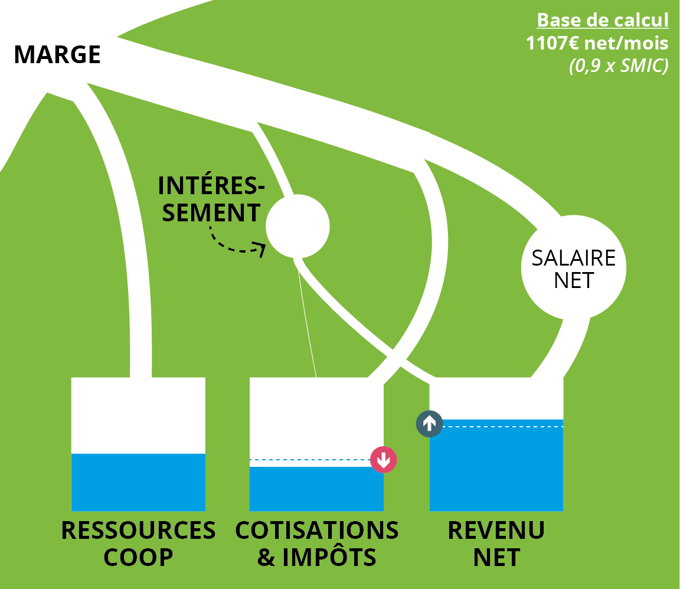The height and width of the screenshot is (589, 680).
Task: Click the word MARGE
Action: pyautogui.click(x=57, y=55)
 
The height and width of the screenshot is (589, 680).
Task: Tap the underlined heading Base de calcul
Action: pyautogui.click(x=603, y=21)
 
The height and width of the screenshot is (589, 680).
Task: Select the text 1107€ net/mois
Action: pyautogui.click(x=597, y=43)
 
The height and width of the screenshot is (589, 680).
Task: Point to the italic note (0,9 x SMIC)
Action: pyautogui.click(x=618, y=66)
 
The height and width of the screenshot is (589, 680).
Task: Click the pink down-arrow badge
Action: pyautogui.click(x=384, y=460)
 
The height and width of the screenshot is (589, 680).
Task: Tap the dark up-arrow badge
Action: pyautogui.click(x=429, y=423)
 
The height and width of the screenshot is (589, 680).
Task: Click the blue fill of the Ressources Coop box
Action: pyautogui.click(x=138, y=482)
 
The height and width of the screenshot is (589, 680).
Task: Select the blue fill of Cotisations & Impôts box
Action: pyautogui.click(x=316, y=489)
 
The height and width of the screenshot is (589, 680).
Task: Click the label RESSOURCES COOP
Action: pyautogui.click(x=138, y=544)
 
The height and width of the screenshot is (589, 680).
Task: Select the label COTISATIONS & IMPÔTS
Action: pyautogui.click(x=317, y=544)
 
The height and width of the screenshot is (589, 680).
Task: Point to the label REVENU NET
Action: pyautogui.click(x=496, y=544)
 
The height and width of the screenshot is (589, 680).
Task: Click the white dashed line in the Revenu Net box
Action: pyautogui.click(x=502, y=426)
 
